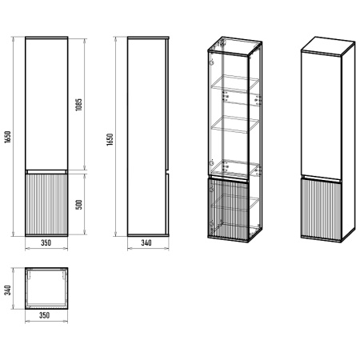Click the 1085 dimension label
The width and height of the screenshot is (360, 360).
coord(78,105)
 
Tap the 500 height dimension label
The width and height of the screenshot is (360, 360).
coord(79,205)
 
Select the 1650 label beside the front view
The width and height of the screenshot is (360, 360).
coord(7,137)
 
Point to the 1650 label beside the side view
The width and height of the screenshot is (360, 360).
coord(110,139)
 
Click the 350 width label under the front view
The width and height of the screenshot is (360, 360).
coord(46,243)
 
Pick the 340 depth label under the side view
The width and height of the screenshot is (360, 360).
coord(146,243)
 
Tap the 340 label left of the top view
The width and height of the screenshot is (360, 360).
coord(7,290)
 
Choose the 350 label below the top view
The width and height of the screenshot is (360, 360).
coord(45,315)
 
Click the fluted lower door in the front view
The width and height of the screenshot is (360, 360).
coord(46,204)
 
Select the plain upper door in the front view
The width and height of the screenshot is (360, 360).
coord(46,104)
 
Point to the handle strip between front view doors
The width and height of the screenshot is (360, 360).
coord(46,172)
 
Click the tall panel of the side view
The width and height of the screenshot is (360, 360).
coord(146,137)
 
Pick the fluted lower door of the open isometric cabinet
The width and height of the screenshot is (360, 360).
coord(228,210)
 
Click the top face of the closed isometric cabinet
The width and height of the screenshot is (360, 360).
coord(328,46)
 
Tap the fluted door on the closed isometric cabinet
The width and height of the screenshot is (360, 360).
coord(321,210)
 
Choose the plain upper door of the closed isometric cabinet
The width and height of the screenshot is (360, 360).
coord(321,114)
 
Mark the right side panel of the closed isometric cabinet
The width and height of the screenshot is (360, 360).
coord(348,142)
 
